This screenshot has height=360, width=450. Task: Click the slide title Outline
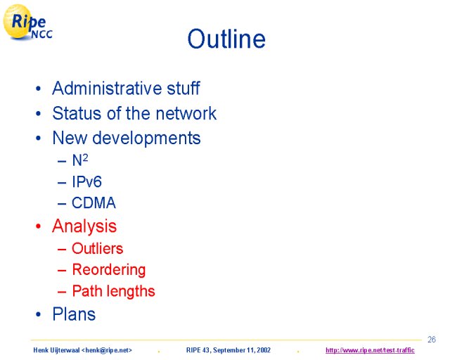226,39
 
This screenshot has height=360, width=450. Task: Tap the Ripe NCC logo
27,22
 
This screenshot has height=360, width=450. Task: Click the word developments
146,139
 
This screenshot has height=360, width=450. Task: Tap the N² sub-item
79,160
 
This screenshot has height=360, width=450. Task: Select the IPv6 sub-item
86,181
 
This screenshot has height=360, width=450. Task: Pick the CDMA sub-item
94,202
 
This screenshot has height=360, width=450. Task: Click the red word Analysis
84,226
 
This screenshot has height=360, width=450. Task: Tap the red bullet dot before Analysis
38,226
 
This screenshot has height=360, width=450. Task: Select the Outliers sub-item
97,248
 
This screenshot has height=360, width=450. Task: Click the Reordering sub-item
109,270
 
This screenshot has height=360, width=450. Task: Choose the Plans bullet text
74,314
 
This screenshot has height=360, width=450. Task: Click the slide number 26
431,340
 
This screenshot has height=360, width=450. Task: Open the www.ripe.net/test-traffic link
370,350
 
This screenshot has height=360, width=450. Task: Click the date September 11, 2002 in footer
242,350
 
